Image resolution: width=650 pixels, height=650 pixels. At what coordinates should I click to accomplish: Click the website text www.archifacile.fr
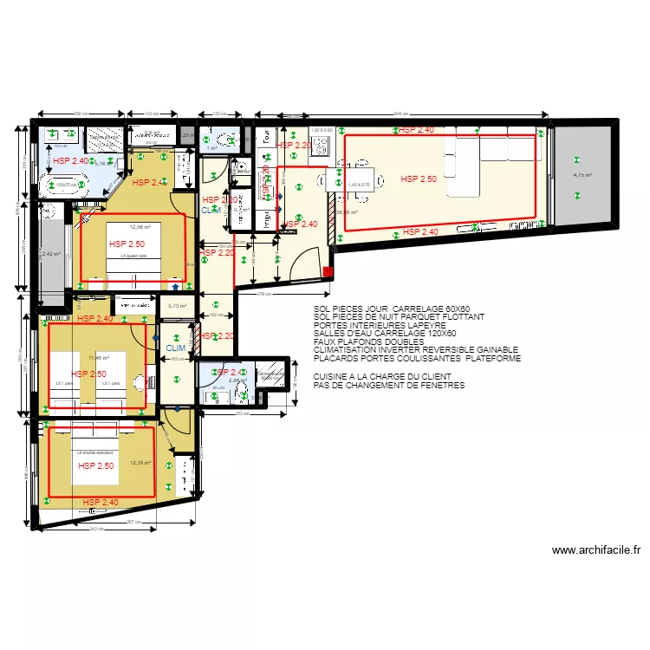595,549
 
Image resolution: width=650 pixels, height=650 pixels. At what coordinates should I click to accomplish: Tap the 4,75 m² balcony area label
582,174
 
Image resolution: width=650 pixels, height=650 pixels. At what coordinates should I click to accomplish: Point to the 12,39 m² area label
140,463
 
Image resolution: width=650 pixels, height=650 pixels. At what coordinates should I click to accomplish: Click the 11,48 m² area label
98,357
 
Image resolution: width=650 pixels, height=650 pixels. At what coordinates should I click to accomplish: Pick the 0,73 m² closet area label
178,305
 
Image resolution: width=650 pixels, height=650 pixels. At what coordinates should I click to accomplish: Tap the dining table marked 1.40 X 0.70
359,185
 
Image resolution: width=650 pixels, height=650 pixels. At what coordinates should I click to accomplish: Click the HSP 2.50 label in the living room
419,179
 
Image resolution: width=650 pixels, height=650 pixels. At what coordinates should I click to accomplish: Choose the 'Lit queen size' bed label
133,257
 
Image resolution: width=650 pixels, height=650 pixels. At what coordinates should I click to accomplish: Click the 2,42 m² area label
51,254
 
